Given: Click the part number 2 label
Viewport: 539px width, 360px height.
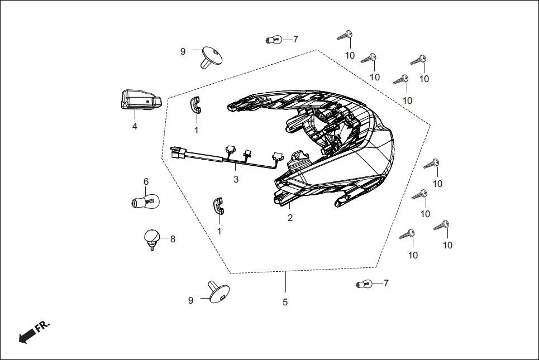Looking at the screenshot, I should point(290,218).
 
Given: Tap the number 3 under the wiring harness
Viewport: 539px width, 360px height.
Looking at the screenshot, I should point(236,179).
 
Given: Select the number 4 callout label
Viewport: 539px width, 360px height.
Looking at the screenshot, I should point(135,126).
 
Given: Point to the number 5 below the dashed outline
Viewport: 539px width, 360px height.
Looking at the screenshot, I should point(285,302).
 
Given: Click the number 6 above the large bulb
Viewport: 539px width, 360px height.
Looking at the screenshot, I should point(146,181).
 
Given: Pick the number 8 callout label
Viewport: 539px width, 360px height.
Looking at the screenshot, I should point(173,239).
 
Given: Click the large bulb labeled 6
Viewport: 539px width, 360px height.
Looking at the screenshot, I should point(146,200).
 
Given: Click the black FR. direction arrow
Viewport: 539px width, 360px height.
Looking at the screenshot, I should point(27,335).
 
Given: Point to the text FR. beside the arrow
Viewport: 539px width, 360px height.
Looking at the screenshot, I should point(43,327).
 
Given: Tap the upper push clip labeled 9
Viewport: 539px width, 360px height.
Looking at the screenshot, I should point(210,56).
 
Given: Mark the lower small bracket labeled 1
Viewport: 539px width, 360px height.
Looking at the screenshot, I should point(218,205).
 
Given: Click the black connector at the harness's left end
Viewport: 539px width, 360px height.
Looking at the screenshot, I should point(178,152).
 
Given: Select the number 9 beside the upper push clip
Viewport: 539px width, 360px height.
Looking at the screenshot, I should point(183,51).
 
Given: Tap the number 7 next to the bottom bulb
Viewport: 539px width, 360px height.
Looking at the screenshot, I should point(385,283).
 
